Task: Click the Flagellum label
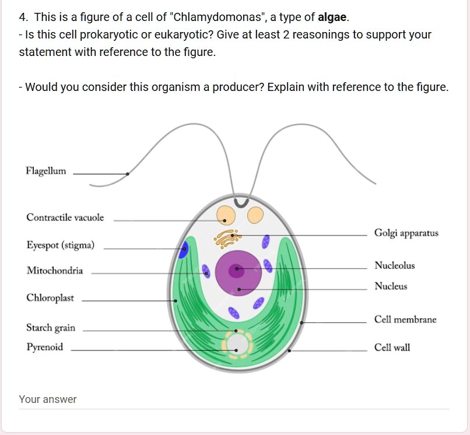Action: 46,171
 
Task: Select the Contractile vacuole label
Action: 65,218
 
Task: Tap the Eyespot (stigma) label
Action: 60,245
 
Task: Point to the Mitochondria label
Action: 55,271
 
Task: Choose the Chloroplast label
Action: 50,298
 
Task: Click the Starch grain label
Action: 51,328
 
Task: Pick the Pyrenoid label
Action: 44,348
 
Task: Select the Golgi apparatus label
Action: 406,233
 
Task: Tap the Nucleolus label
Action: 395,266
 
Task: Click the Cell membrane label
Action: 405,320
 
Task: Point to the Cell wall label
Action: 392,348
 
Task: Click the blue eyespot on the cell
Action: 184,250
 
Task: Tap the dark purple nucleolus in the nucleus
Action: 236,270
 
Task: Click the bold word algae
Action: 332,17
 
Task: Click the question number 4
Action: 23,17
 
